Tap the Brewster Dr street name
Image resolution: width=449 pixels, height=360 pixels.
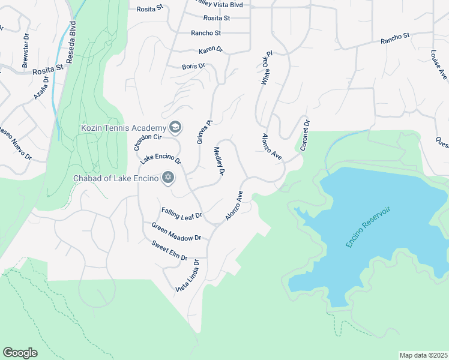[x=26, y=49]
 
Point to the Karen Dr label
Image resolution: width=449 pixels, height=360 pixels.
[x=211, y=50]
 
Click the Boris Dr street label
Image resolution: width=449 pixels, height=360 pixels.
[x=193, y=66]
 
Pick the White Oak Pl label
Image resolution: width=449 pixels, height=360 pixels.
[x=267, y=71]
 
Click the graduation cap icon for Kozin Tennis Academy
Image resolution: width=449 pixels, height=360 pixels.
[x=175, y=127]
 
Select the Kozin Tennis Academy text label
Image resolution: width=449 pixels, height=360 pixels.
[x=123, y=128]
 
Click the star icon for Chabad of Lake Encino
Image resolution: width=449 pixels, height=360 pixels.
[x=168, y=178]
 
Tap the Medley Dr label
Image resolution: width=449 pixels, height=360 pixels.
[x=218, y=161]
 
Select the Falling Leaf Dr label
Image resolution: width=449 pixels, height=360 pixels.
[x=181, y=213]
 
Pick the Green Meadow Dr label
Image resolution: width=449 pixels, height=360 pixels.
[x=176, y=232]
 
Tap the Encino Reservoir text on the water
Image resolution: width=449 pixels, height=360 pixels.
[x=368, y=227]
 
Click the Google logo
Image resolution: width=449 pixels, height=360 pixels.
[x=20, y=353]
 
